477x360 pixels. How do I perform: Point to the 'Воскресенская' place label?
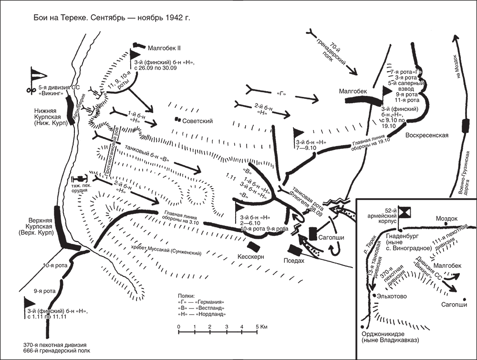pyautogui.click(x=427, y=135)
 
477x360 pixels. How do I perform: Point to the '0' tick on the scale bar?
pyautogui.click(x=178, y=327)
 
